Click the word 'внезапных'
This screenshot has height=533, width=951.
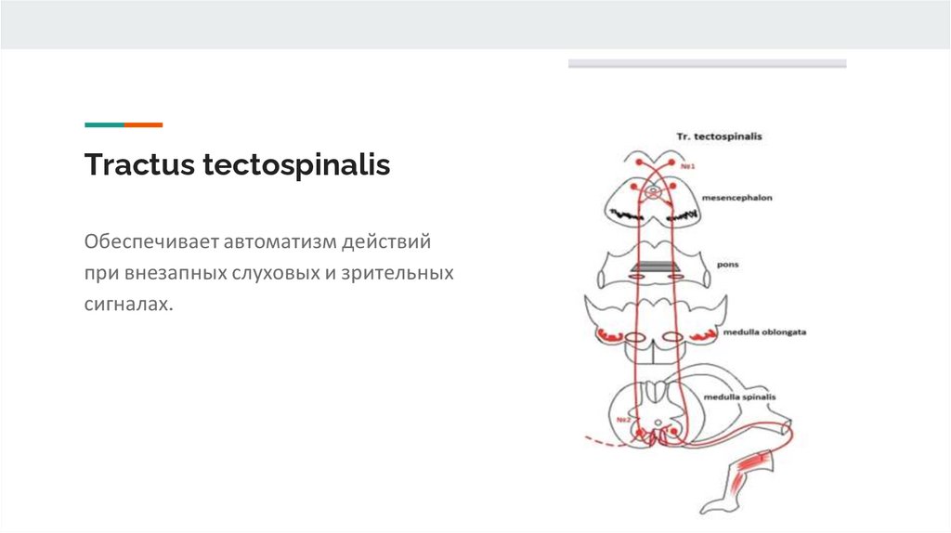pos(169,274)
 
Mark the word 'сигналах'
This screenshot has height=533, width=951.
pos(128,304)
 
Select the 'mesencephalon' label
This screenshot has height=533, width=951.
pos(737,198)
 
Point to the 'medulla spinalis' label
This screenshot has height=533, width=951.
pos(739,397)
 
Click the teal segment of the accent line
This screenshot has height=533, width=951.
pos(104,124)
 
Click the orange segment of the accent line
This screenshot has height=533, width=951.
pos(143,124)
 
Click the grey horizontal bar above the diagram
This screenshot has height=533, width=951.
pos(707,64)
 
